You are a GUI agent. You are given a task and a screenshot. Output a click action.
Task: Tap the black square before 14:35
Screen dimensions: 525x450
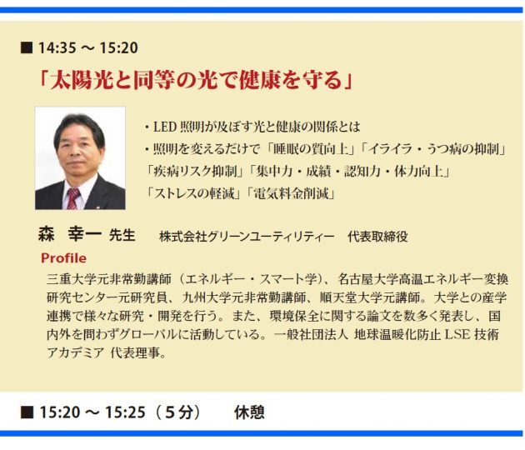coord(27,47)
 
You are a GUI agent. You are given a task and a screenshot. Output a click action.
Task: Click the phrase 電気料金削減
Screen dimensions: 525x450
coord(292,194)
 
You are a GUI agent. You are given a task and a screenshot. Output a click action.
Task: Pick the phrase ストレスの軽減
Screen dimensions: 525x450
coord(193,194)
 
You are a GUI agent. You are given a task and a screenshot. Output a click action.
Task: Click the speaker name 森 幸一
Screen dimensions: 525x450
coord(70,234)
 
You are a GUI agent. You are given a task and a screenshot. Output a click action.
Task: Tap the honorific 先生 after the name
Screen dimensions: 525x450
coord(122,235)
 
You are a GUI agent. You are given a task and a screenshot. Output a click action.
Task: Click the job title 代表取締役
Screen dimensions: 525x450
coord(377,237)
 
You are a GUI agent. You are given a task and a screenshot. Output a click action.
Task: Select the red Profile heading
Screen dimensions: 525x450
coord(63,258)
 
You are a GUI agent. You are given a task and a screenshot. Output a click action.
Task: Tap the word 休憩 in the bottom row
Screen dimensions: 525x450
coord(249,412)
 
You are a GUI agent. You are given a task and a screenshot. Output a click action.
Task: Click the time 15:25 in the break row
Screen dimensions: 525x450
coord(125,412)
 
